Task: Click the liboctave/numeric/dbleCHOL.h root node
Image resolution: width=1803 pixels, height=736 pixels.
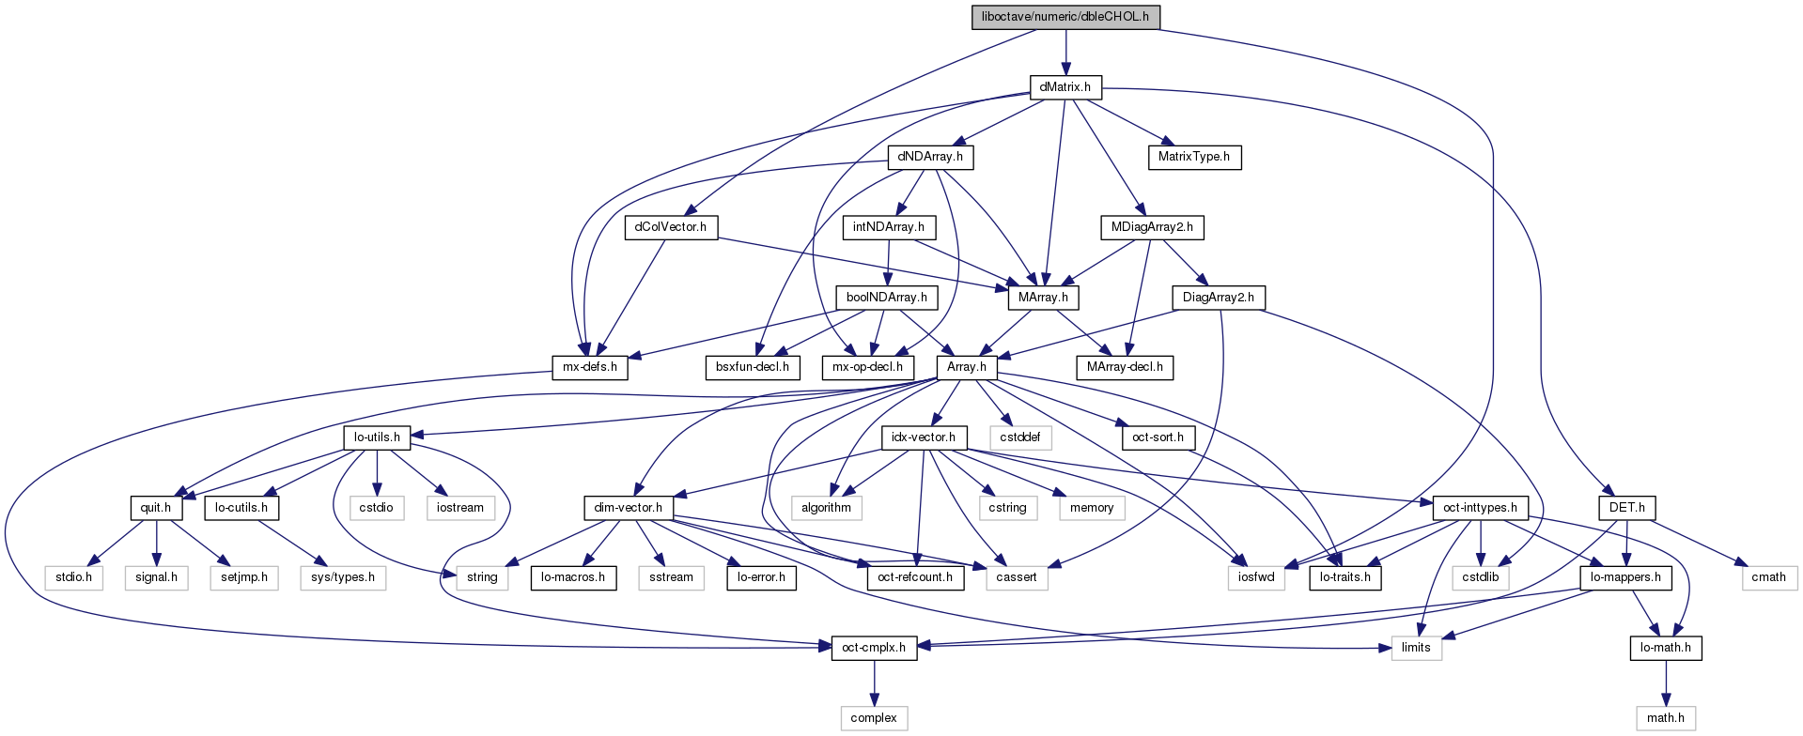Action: tap(1065, 17)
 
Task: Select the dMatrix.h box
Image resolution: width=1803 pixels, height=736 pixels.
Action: tap(1065, 87)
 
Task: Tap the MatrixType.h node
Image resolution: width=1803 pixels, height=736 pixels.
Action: tap(1193, 157)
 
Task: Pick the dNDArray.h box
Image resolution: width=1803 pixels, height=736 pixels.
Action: tap(930, 157)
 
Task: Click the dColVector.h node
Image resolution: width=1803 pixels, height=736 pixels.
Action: tap(671, 227)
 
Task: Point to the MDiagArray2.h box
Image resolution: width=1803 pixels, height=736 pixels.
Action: tap(1152, 227)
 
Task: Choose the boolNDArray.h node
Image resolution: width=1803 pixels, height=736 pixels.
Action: tap(886, 298)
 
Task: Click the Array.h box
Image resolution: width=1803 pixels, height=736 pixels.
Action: tap(967, 367)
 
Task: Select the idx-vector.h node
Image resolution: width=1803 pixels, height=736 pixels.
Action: tap(923, 437)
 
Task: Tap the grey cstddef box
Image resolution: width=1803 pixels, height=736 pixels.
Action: tap(1020, 437)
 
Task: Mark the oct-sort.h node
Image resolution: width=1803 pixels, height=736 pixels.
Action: tap(1158, 437)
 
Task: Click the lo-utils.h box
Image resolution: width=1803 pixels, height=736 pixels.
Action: tap(377, 437)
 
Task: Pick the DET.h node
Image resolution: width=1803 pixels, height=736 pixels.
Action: tap(1626, 508)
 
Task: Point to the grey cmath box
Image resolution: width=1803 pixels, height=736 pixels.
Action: tap(1768, 577)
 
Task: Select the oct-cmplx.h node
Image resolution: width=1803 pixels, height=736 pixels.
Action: tap(874, 648)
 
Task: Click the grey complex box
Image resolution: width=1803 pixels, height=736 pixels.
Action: tap(874, 718)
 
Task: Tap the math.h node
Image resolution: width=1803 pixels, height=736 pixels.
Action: tap(1665, 718)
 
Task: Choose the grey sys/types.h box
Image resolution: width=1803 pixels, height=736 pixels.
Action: tap(343, 577)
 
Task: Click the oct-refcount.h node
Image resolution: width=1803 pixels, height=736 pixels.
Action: tap(915, 577)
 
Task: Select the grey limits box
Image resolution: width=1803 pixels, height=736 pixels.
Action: tap(1416, 648)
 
